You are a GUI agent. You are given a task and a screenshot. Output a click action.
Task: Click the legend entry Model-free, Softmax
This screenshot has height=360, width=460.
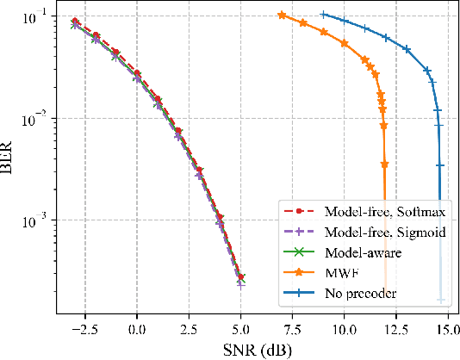[362, 209]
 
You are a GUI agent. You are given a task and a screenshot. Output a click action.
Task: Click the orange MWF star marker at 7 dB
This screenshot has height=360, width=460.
[282, 15]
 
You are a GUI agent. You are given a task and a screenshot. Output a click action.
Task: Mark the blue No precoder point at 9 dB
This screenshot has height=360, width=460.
[323, 14]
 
